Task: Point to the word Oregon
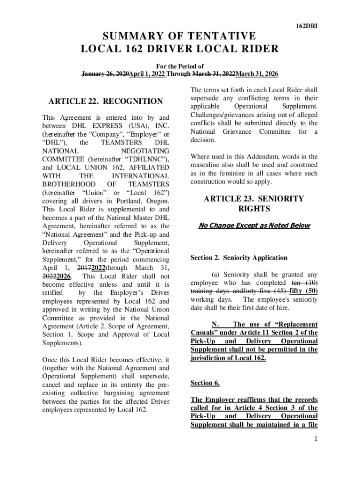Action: coord(158,201)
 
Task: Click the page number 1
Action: coord(316,439)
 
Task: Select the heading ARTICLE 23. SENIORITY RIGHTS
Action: coord(254,203)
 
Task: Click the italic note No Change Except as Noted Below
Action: coord(254,226)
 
